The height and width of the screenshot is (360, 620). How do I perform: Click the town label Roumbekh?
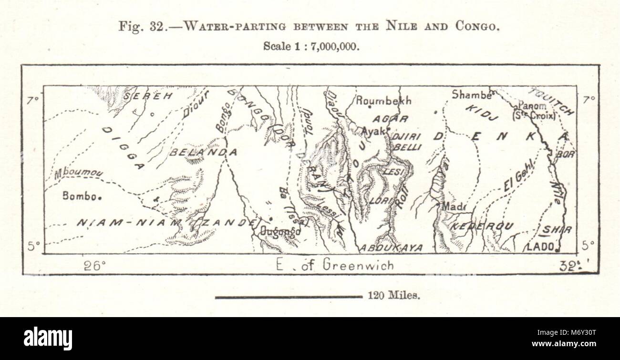coord(383,101)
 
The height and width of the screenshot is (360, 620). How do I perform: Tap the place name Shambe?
coord(472,95)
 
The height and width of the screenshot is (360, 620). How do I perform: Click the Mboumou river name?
coord(78,174)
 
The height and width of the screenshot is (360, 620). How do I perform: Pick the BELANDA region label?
coord(203,152)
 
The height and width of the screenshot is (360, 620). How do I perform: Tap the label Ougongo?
coord(280,231)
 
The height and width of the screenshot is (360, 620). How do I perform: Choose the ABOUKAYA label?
coord(391,248)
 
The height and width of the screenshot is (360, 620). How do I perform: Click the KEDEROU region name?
coord(482,226)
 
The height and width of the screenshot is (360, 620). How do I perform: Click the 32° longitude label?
coord(570,266)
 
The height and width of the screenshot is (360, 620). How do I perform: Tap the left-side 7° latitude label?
coord(33,100)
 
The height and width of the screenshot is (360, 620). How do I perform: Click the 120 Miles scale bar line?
coord(289,297)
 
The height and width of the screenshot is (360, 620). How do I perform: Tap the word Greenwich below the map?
coord(358,265)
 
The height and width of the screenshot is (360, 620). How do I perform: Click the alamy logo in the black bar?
coord(48,339)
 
